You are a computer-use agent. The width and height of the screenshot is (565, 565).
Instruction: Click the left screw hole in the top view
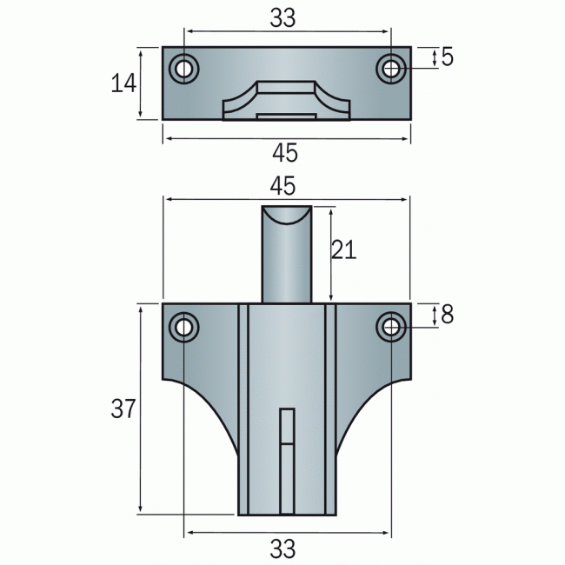click(x=183, y=69)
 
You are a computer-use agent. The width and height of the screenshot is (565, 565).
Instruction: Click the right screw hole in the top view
click(x=390, y=68)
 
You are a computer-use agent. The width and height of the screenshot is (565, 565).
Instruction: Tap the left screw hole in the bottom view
click(x=183, y=327)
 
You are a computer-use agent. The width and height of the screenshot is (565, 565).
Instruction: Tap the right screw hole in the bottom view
click(x=390, y=327)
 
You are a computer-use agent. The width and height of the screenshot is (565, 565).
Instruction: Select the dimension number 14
click(x=124, y=83)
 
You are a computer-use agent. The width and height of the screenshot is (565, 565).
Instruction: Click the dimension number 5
click(x=447, y=57)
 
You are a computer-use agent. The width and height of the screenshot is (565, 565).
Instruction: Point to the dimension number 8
click(x=447, y=315)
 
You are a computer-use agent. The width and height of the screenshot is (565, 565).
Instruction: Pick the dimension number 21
click(x=344, y=250)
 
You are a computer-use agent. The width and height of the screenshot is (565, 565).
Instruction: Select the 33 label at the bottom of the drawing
click(x=283, y=548)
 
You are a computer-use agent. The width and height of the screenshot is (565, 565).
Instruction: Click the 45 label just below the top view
click(x=285, y=154)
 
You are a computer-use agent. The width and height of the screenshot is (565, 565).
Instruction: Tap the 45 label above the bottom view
click(x=283, y=186)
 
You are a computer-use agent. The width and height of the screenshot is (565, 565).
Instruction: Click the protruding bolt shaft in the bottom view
click(x=286, y=261)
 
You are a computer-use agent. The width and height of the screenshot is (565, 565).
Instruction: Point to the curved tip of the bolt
click(x=286, y=214)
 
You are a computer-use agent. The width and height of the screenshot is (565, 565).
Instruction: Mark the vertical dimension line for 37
click(x=140, y=409)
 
